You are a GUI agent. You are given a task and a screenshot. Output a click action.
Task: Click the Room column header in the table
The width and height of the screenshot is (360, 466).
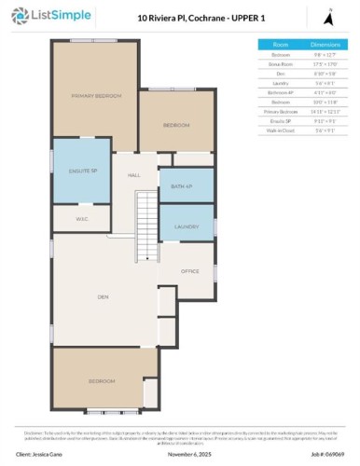coord(280,44)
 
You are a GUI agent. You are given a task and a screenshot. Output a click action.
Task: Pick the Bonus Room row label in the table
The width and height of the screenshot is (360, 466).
coord(280,63)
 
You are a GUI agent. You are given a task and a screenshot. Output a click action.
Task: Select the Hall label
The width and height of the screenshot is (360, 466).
coord(133,175)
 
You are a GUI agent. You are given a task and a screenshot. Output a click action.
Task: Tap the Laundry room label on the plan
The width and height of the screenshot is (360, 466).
coord(187,226)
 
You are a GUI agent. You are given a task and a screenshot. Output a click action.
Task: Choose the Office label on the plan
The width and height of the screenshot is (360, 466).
coord(190,271)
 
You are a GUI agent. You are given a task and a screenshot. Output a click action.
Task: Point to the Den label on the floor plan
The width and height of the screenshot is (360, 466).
coord(103,297)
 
